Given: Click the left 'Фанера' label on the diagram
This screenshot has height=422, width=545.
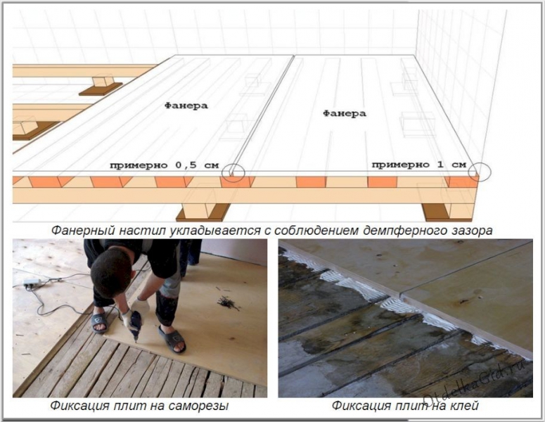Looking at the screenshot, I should tap(186, 105).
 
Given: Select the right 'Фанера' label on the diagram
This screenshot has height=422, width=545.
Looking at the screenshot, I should tap(344, 113).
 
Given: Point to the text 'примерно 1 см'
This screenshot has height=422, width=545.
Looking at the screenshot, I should tap(418, 165).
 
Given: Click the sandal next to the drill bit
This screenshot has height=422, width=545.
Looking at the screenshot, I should tap(171, 340).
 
